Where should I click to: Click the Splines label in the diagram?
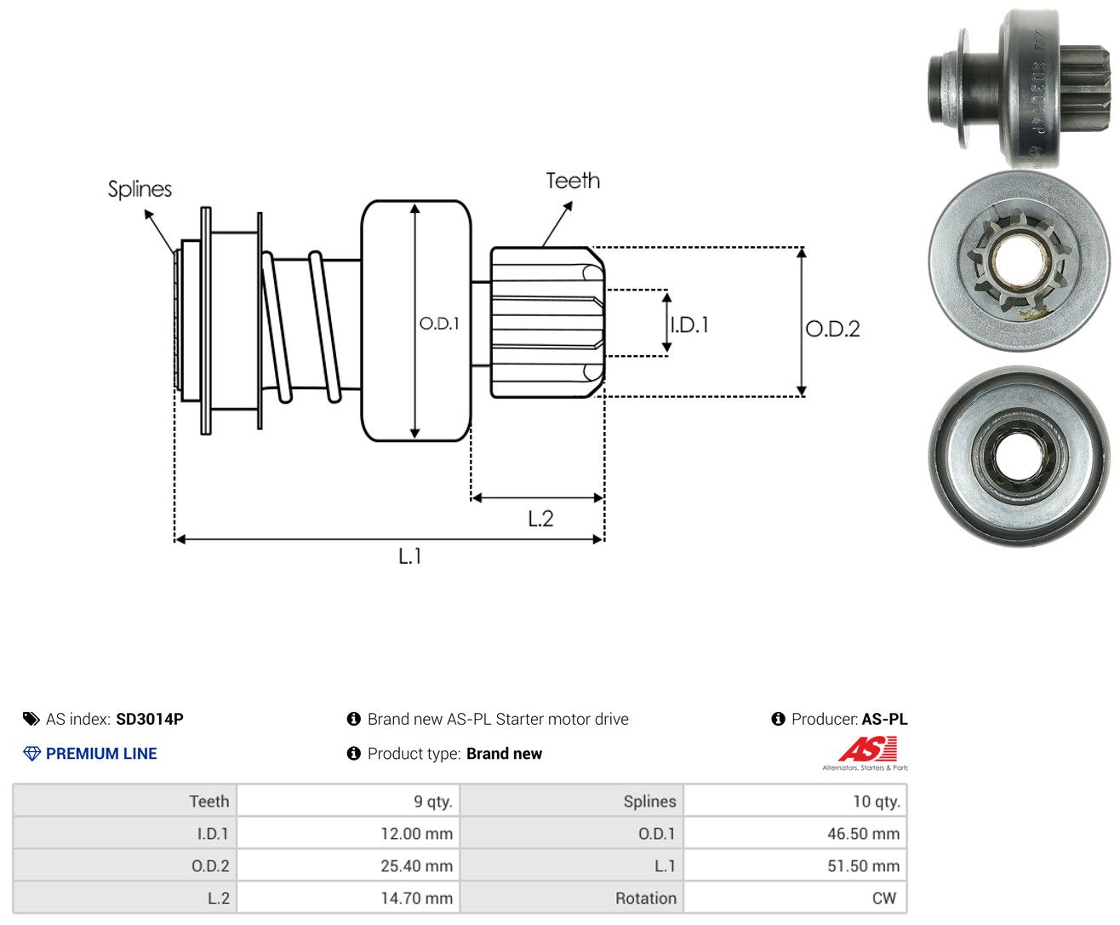[x=140, y=189]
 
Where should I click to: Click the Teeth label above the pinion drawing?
[x=573, y=181]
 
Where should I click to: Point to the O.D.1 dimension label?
[x=439, y=323]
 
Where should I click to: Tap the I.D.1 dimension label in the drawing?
[x=690, y=325]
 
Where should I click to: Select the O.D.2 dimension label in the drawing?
[x=832, y=329]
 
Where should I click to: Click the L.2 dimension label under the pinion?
[x=540, y=519]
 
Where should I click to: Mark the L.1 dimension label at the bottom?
[x=410, y=556]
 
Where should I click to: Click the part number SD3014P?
[x=150, y=719]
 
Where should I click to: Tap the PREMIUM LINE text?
[x=101, y=753]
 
